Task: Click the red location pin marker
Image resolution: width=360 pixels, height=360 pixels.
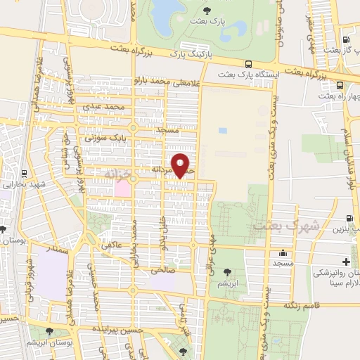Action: click(181, 165)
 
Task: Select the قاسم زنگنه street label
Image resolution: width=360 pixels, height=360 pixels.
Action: click(302, 306)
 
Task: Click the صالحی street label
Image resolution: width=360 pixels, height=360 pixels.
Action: click(158, 269)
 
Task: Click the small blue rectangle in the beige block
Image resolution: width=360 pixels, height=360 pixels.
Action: click(223, 131)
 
